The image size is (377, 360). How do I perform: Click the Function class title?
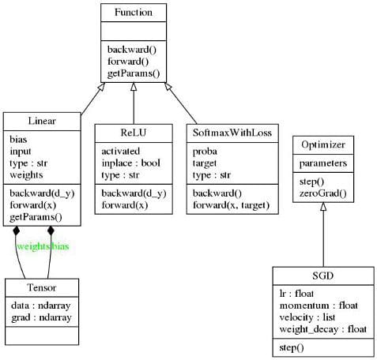pos(134,13)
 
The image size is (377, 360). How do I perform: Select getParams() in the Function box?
pos(134,73)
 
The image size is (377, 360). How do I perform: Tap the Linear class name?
pos(42,121)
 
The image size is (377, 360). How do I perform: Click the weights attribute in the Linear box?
pos(26,174)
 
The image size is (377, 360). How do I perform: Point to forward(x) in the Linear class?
pos(33,205)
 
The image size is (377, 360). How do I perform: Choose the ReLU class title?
pos(134,133)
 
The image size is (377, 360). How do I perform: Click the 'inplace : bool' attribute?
pos(131,163)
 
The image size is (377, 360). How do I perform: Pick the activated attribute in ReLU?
pos(121,151)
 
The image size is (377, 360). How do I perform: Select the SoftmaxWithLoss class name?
pos(232,133)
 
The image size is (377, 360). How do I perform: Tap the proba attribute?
pos(205,152)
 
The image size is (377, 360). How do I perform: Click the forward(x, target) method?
pos(231,205)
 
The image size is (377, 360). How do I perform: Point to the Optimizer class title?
pos(323,144)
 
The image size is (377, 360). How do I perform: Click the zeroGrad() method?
pos(323,193)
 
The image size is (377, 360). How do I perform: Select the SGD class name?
pos(323,276)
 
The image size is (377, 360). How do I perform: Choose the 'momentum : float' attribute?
pos(319,306)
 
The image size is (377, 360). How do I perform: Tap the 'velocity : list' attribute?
pos(307,317)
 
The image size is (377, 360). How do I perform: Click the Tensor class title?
pos(42,287)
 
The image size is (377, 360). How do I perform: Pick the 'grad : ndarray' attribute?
pos(41,317)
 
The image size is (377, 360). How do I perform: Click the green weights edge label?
pos(33,246)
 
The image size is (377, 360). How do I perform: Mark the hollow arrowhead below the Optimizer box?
pos(323,207)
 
